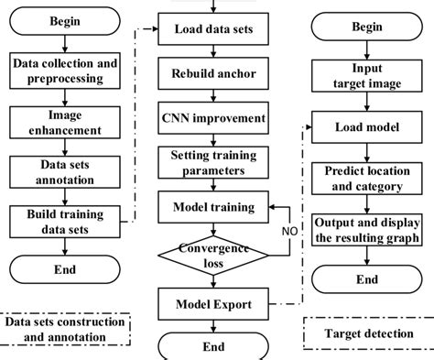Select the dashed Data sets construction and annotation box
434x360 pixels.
[64, 328]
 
